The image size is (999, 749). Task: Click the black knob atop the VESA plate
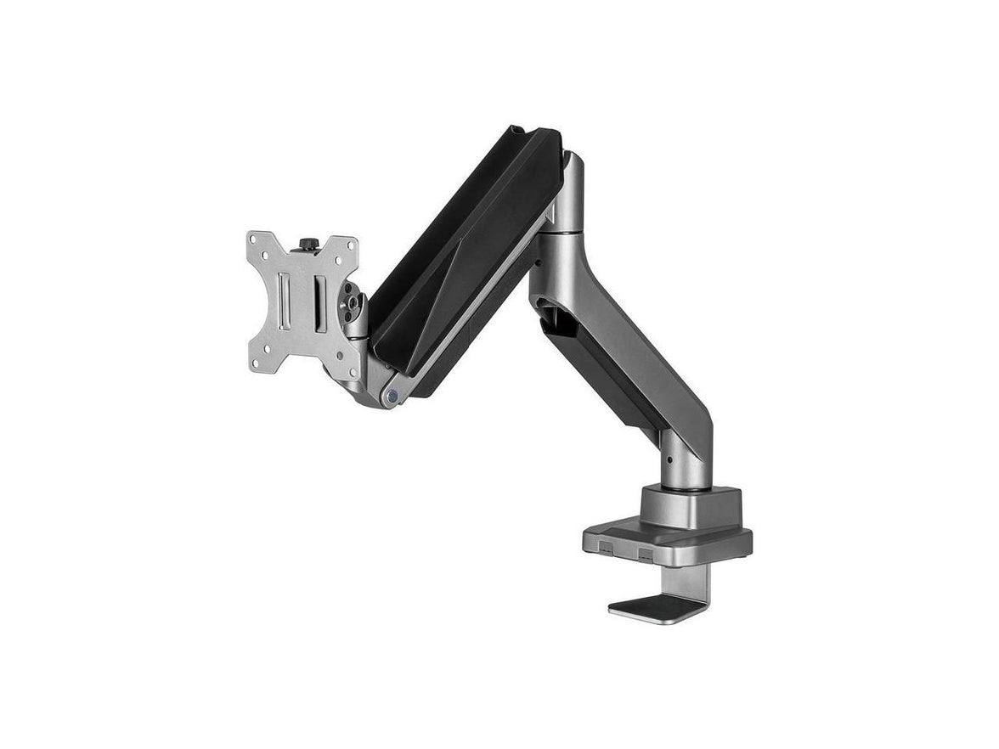(307, 245)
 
